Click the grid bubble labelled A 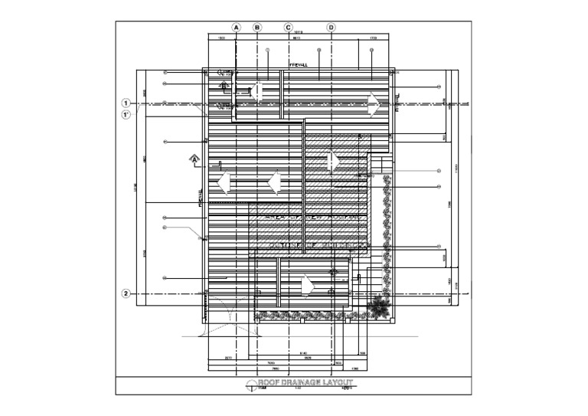pyautogui.click(x=237, y=27)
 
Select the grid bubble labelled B pyautogui.click(x=257, y=27)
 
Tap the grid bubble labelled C pyautogui.click(x=289, y=27)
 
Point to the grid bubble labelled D pyautogui.click(x=332, y=27)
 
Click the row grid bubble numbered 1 pyautogui.click(x=126, y=102)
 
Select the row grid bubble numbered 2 pyautogui.click(x=126, y=293)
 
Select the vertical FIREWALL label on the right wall pyautogui.click(x=397, y=102)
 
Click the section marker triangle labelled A pyautogui.click(x=194, y=159)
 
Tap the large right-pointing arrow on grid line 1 pyautogui.click(x=374, y=103)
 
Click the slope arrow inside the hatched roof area pyautogui.click(x=332, y=160)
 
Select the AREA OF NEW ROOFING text pyautogui.click(x=311, y=218)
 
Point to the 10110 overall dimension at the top pyautogui.click(x=299, y=32)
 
